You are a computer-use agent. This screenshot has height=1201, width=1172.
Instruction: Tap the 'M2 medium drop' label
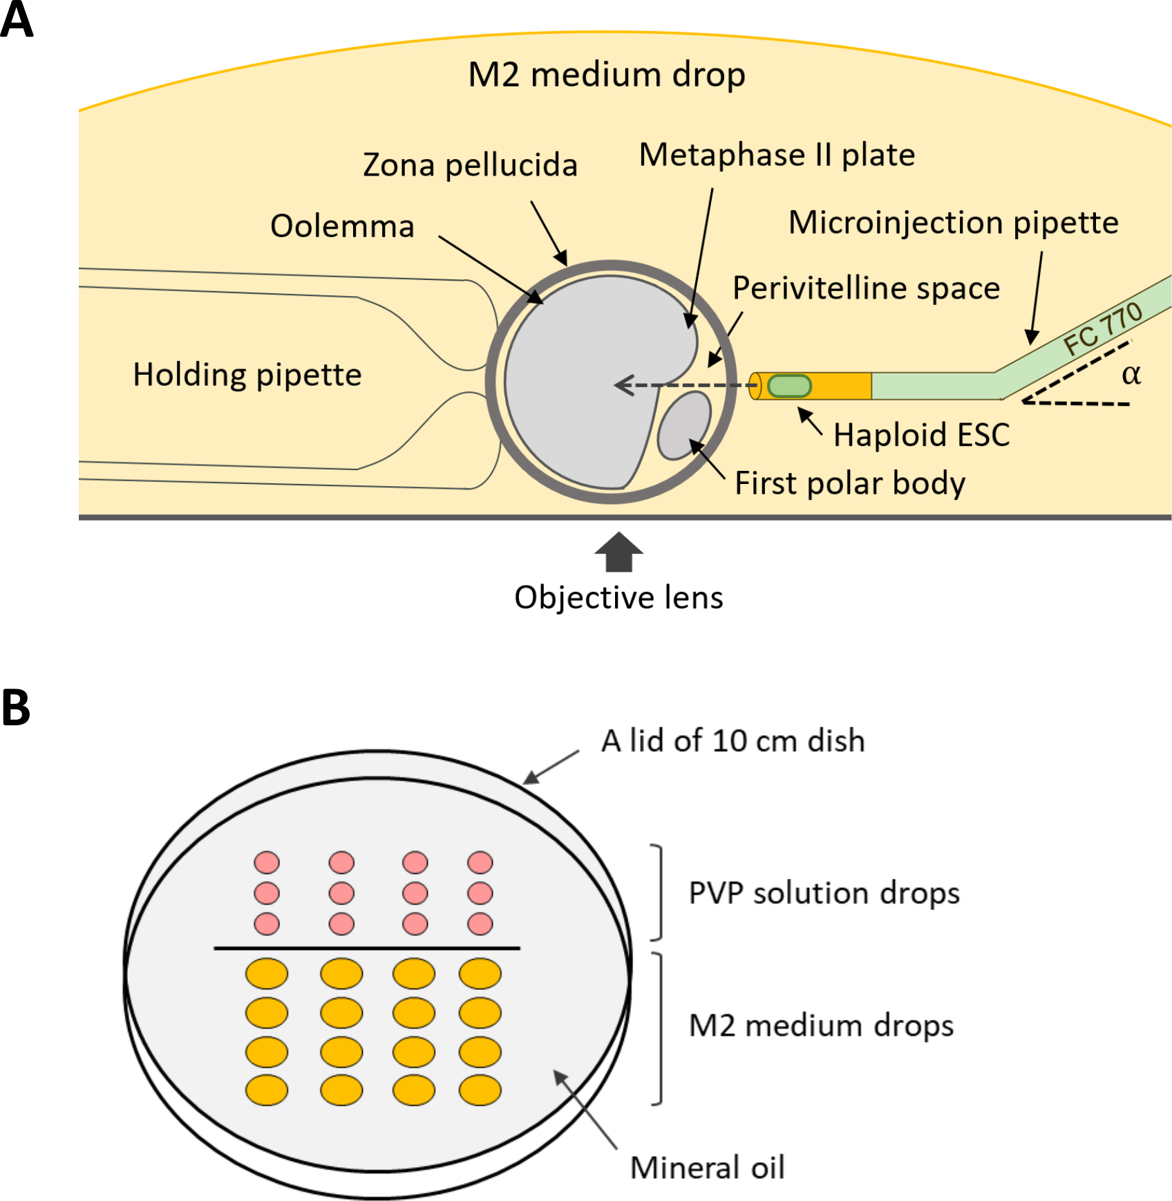[x=606, y=75]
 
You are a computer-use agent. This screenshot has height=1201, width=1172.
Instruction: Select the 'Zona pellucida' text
[x=470, y=165]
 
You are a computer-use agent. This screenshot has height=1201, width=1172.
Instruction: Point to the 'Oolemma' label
[x=342, y=226]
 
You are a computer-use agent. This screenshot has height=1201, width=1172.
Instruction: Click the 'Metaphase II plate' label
[x=777, y=155]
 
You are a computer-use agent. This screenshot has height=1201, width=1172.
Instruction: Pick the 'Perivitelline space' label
[x=866, y=288]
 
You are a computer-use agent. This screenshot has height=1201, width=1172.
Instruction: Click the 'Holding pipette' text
[x=247, y=375]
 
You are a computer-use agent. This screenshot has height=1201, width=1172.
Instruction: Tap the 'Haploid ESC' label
[x=921, y=435]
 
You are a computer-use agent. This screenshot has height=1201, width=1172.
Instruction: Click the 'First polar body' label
[x=849, y=483]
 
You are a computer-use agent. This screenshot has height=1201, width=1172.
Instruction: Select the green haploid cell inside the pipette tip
[x=789, y=386]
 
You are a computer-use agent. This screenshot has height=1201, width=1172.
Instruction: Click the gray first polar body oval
[x=683, y=426]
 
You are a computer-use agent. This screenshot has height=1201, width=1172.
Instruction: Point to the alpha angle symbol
[x=1131, y=375]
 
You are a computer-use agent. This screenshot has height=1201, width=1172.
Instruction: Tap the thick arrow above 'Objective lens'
[x=618, y=552]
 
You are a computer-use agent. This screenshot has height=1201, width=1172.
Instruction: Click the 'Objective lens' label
[x=618, y=597]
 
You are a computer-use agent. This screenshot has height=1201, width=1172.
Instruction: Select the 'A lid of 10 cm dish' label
[x=732, y=741]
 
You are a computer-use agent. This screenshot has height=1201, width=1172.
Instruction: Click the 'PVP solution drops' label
[x=824, y=893]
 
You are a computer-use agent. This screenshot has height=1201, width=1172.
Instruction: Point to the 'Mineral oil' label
[x=707, y=1168]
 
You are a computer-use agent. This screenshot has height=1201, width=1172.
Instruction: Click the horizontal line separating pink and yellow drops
[x=366, y=948]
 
